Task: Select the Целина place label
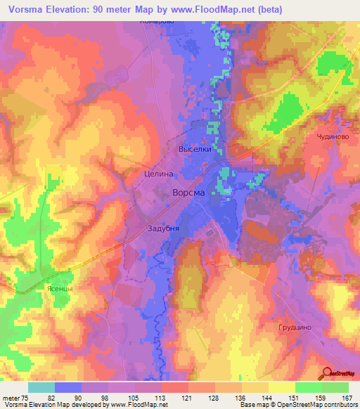tap(157, 172)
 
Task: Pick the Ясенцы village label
tap(55, 288)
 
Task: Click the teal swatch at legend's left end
tap(41, 387)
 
